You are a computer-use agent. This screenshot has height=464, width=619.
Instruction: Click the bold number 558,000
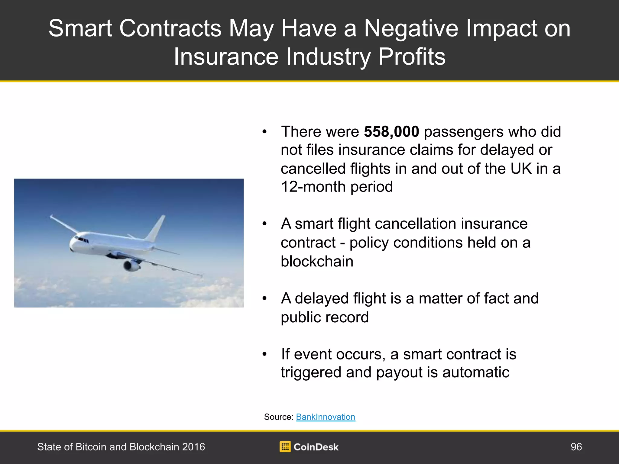391,132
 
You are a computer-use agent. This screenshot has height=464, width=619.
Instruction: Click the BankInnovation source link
326,417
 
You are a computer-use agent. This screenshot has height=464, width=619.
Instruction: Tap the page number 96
576,447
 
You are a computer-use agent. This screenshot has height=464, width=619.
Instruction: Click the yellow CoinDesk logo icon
285,446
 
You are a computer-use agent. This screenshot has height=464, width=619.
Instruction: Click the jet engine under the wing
131,265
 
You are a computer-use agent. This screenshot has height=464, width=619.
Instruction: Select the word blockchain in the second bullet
317,261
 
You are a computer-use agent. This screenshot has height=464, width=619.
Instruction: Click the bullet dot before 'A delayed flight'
264,298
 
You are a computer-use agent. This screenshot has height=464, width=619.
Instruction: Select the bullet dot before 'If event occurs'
264,354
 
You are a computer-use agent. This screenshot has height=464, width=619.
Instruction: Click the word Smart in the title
80,29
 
